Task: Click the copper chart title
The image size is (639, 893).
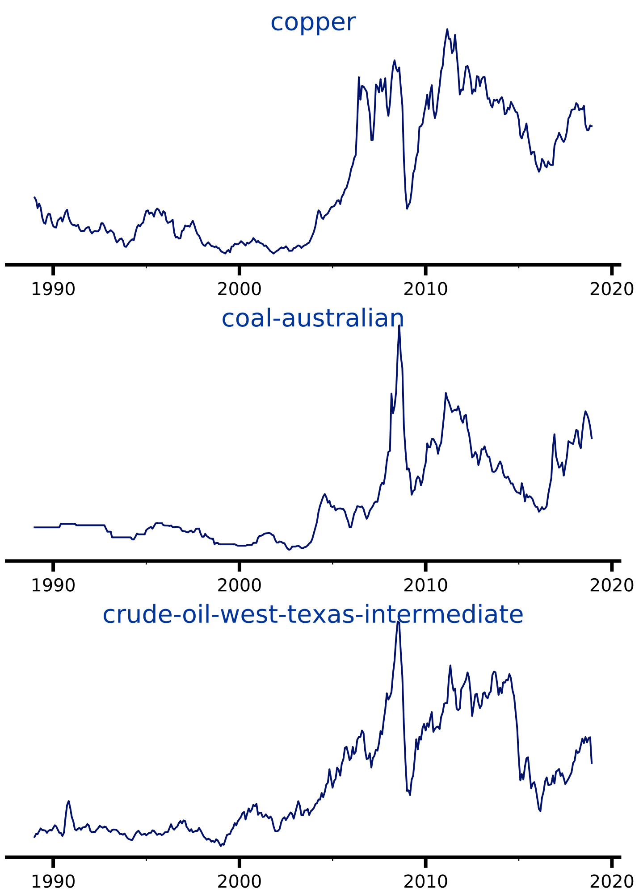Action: click(313, 22)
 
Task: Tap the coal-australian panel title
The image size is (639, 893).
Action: click(313, 318)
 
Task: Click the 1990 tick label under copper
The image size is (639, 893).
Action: click(53, 289)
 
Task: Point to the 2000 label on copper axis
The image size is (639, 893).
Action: click(239, 289)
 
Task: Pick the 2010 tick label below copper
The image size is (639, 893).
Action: click(425, 289)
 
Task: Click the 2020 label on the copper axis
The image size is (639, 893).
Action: click(611, 289)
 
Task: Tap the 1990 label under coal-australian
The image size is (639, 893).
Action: click(53, 585)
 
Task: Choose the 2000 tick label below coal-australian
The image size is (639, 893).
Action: click(239, 585)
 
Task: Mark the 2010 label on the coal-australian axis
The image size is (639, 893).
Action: click(425, 585)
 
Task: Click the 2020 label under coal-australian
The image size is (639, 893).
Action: click(611, 585)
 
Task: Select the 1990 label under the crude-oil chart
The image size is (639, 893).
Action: click(53, 882)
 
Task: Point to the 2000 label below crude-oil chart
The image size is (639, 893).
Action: click(239, 882)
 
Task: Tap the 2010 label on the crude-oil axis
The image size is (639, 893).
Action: click(425, 882)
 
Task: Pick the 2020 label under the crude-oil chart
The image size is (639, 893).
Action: click(611, 882)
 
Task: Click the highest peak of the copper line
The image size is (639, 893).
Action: click(447, 29)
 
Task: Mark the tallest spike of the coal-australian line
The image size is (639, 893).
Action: click(399, 325)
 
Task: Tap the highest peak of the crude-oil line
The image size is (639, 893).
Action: click(398, 622)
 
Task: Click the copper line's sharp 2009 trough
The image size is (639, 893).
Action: click(407, 208)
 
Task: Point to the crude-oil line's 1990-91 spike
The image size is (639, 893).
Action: click(68, 801)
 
